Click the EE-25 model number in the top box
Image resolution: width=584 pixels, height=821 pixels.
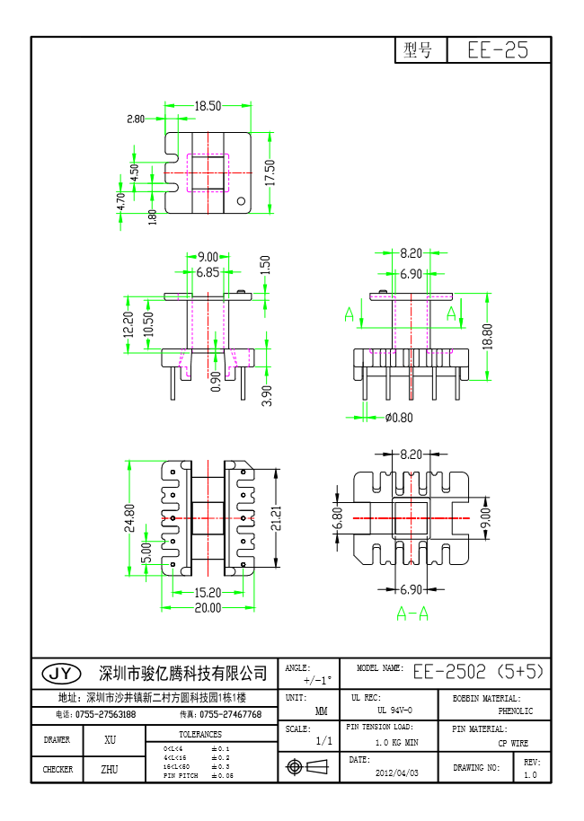[498, 50]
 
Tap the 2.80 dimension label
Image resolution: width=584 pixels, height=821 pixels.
[136, 119]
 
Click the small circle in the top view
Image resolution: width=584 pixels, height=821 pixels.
[241, 202]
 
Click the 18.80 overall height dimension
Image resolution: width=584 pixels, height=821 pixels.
[488, 336]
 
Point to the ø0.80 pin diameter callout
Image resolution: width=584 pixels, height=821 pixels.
[398, 417]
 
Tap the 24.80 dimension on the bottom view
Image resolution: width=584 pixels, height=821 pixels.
[129, 519]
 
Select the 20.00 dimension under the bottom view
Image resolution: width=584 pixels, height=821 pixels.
[208, 608]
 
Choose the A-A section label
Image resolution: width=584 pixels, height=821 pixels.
[411, 614]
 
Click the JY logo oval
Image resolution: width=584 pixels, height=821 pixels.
[62, 673]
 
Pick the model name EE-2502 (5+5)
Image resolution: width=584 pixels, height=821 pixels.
[478, 672]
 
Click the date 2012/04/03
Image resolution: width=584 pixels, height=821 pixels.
[396, 772]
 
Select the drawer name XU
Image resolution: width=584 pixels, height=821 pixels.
[111, 740]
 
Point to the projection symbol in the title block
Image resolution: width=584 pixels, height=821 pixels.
[305, 766]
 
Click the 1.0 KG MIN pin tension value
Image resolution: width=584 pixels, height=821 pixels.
[396, 743]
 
